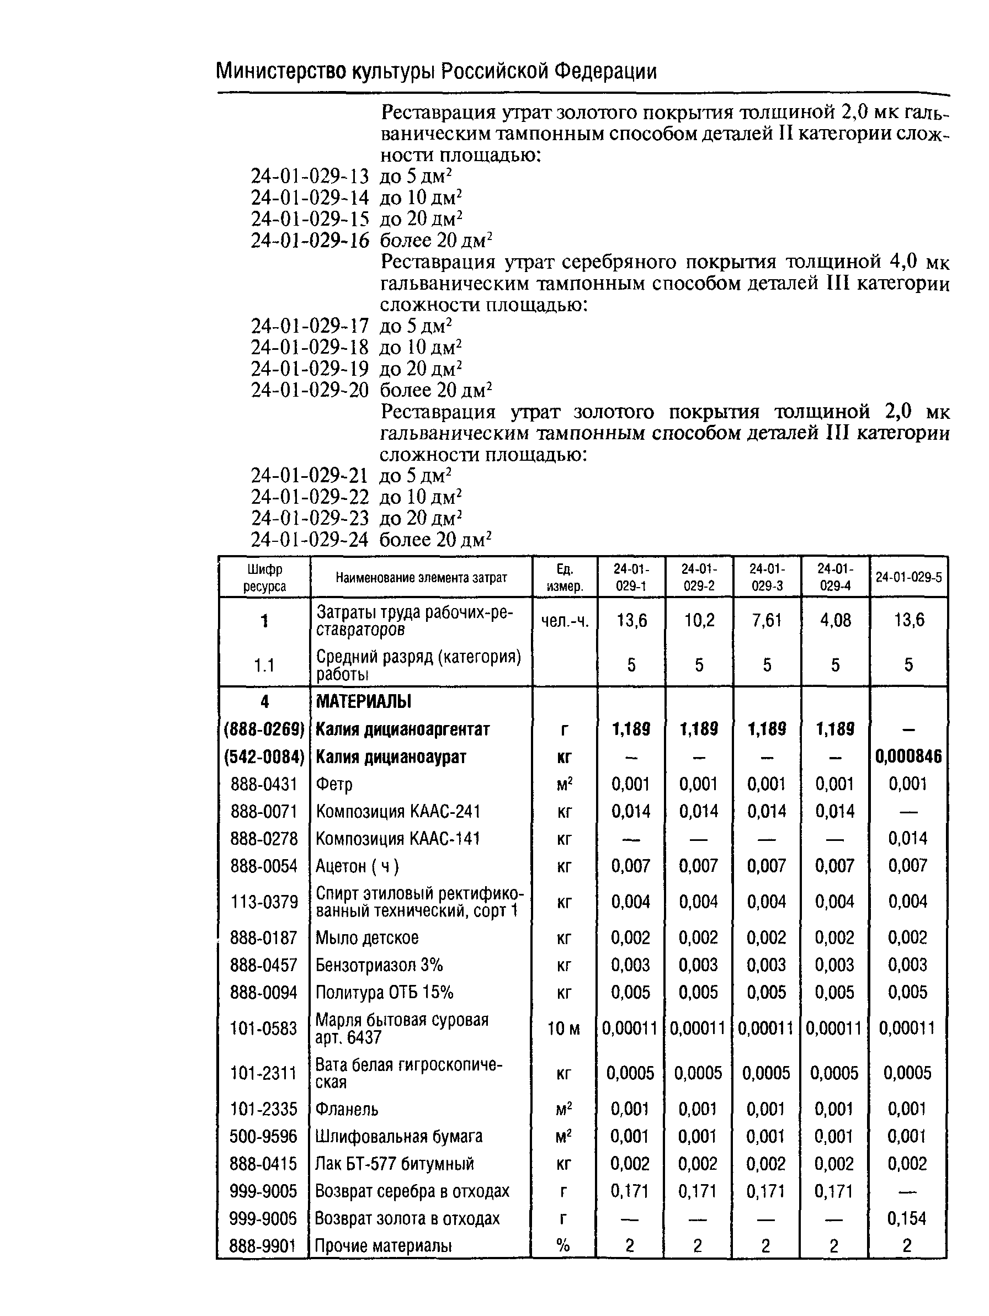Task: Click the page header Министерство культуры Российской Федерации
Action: pos(435,72)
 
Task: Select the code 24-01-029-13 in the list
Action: pos(310,176)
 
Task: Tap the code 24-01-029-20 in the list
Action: pos(310,390)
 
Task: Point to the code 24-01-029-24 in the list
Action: pos(310,540)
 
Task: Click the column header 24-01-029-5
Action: pos(908,577)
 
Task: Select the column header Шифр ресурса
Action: pos(264,577)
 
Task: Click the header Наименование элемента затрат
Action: pos(421,577)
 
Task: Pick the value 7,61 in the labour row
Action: pos(767,621)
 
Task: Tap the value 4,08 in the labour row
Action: pos(835,621)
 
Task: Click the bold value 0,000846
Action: pos(908,756)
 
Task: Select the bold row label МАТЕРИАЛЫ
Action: pos(363,701)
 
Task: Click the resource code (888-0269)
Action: pos(264,729)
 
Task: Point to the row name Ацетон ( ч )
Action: pos(357,866)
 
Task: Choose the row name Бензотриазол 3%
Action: pos(379,965)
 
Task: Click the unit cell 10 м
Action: pos(563,1029)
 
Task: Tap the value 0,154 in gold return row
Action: pos(907,1219)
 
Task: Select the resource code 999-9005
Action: pos(263,1191)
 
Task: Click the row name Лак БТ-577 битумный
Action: pos(394,1164)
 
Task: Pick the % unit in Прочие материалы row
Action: pos(563,1246)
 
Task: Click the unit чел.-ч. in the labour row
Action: pos(564,621)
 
